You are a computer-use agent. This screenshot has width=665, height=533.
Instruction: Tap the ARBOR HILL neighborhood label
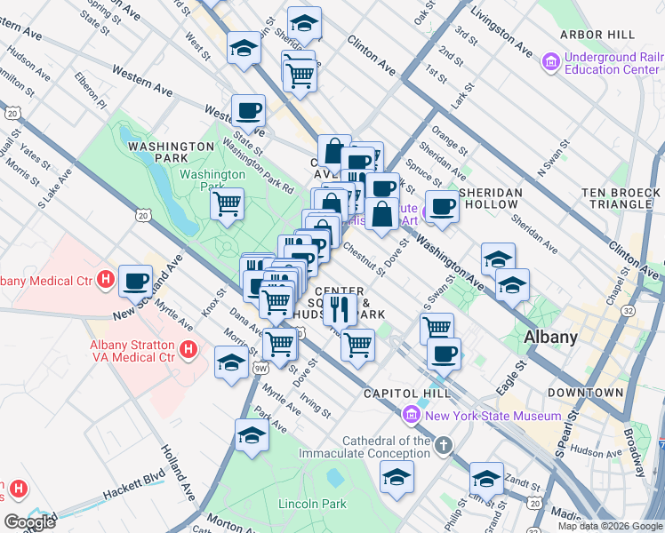(x=597, y=35)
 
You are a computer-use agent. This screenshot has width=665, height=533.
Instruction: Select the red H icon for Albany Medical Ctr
(x=105, y=281)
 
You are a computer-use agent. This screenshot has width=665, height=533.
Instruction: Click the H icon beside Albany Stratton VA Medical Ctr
(x=188, y=350)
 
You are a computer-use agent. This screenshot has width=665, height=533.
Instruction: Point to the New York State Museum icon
(x=410, y=415)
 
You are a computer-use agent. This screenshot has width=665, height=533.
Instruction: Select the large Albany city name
(x=550, y=337)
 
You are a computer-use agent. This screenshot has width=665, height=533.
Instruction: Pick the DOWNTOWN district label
(x=585, y=392)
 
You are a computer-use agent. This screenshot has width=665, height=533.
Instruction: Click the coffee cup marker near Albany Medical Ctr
(x=136, y=282)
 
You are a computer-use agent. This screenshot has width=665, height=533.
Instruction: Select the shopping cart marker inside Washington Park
(x=228, y=203)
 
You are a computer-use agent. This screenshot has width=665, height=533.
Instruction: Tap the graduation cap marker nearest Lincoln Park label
(x=252, y=435)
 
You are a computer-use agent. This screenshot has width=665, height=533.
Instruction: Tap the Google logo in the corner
(x=29, y=522)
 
